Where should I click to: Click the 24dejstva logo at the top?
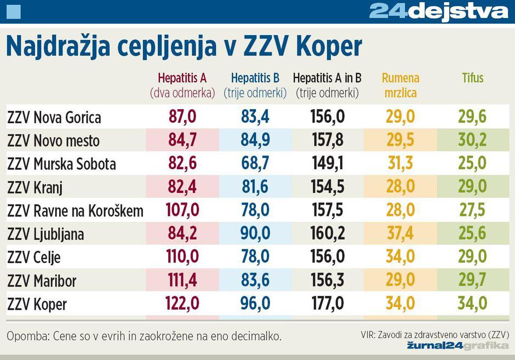point(438,12)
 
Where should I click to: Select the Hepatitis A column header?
point(182,85)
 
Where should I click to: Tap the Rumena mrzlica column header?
point(400,85)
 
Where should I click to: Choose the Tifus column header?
point(472,78)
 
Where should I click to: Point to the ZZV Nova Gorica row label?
point(54,117)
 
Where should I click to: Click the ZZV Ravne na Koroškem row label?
point(75,211)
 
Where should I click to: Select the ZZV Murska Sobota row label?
point(61,164)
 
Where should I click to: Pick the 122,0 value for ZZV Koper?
point(182,304)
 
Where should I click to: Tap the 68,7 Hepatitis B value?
point(255,163)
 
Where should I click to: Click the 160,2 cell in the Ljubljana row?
point(328,233)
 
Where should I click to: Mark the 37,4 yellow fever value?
point(400,233)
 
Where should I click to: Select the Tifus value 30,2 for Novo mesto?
point(472,140)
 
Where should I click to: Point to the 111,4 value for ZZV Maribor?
point(182,281)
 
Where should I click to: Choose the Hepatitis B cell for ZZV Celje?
point(255,257)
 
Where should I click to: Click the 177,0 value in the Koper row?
point(328,304)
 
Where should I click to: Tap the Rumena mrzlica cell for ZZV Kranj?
point(400,187)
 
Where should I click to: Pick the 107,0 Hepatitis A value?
point(182,210)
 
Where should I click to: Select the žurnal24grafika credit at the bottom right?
point(458,345)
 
